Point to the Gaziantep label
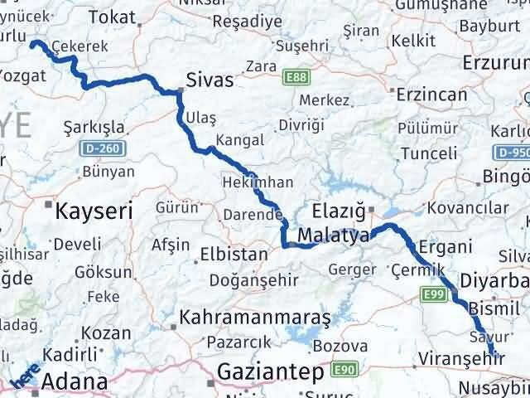pos(270,373)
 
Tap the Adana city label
pos(74,382)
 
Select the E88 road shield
pos(293,77)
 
